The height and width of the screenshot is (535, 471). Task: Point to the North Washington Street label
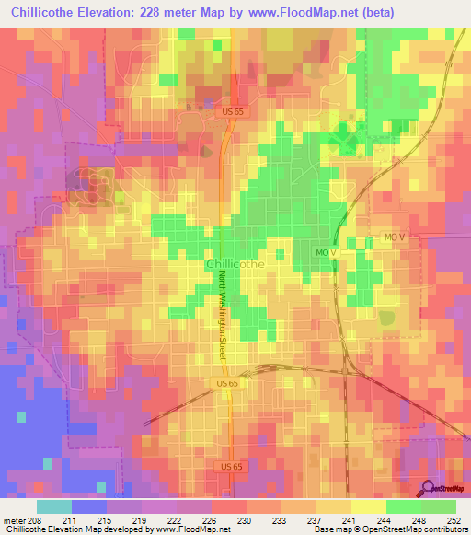point(223,327)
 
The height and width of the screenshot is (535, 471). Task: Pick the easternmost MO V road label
point(396,238)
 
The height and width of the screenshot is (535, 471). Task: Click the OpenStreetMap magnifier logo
point(428,490)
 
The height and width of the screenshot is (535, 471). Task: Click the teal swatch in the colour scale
point(54,507)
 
